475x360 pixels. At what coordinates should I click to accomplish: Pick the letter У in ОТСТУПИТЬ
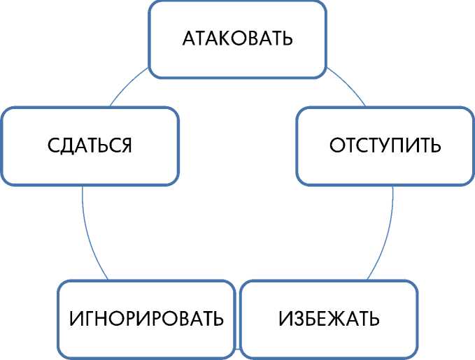point(384,146)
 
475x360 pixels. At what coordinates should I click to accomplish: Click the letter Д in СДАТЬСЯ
point(66,145)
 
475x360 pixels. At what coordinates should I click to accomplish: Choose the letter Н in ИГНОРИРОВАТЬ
point(101,319)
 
